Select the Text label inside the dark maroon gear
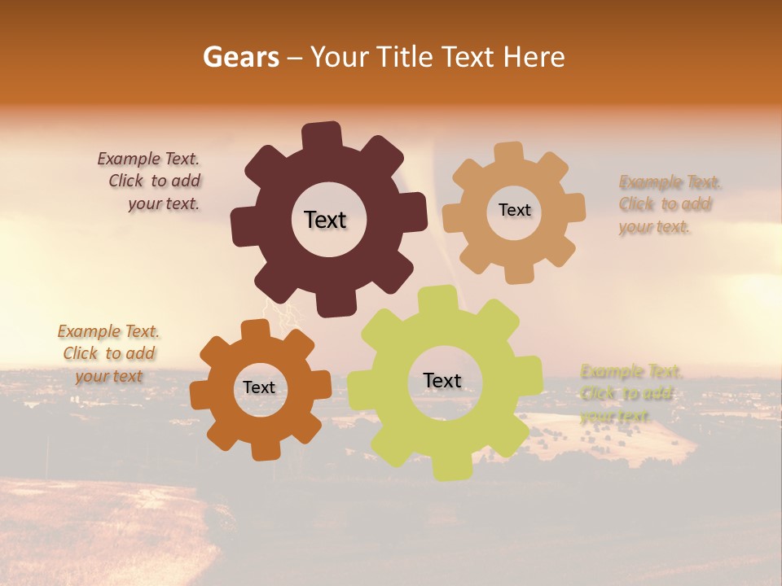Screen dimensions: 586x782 (325, 220)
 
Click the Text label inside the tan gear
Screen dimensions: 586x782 (514, 210)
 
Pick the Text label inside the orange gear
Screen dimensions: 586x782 (259, 387)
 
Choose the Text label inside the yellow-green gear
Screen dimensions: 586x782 (442, 380)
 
